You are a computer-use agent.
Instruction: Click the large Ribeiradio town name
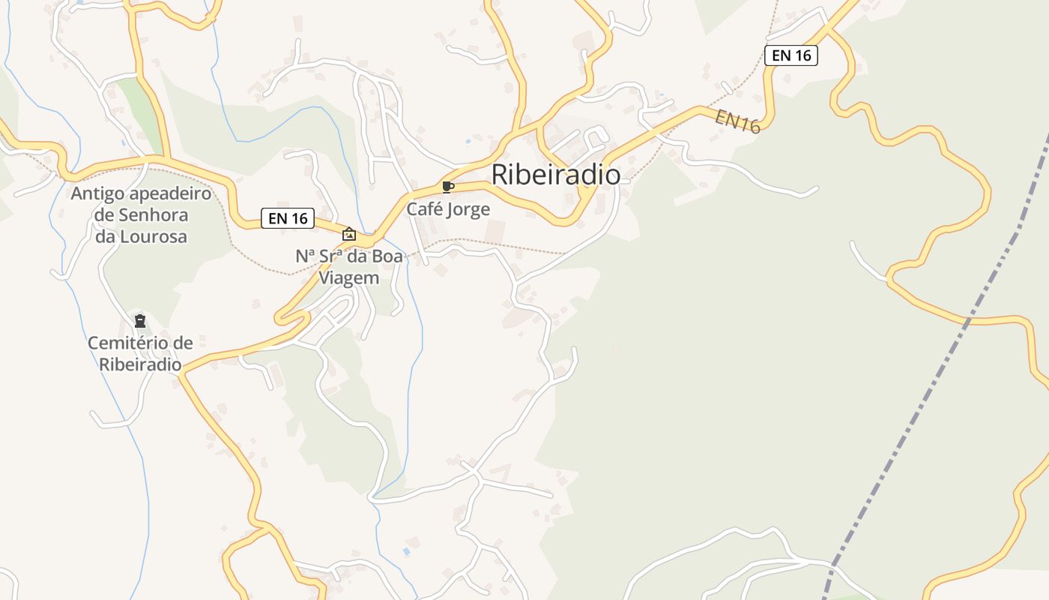pos(555,175)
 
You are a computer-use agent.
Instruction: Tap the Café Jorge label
pos(448,209)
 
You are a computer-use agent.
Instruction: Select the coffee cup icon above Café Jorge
pos(448,187)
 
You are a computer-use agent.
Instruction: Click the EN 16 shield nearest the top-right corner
pos(790,55)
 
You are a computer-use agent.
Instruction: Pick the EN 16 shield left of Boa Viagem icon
pos(287,218)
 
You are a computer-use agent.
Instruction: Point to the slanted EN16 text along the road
pos(737,121)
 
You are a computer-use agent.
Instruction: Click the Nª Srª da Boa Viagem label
pos(349,266)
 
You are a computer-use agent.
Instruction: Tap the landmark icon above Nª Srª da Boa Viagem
pos(348,234)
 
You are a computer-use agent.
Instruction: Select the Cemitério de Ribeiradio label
pos(140,353)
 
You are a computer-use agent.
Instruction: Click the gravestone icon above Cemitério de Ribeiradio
pos(139,322)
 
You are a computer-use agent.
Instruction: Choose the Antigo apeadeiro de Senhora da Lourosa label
pos(141,215)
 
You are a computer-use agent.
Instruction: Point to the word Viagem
pos(349,277)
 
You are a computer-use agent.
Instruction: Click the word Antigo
pos(96,194)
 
